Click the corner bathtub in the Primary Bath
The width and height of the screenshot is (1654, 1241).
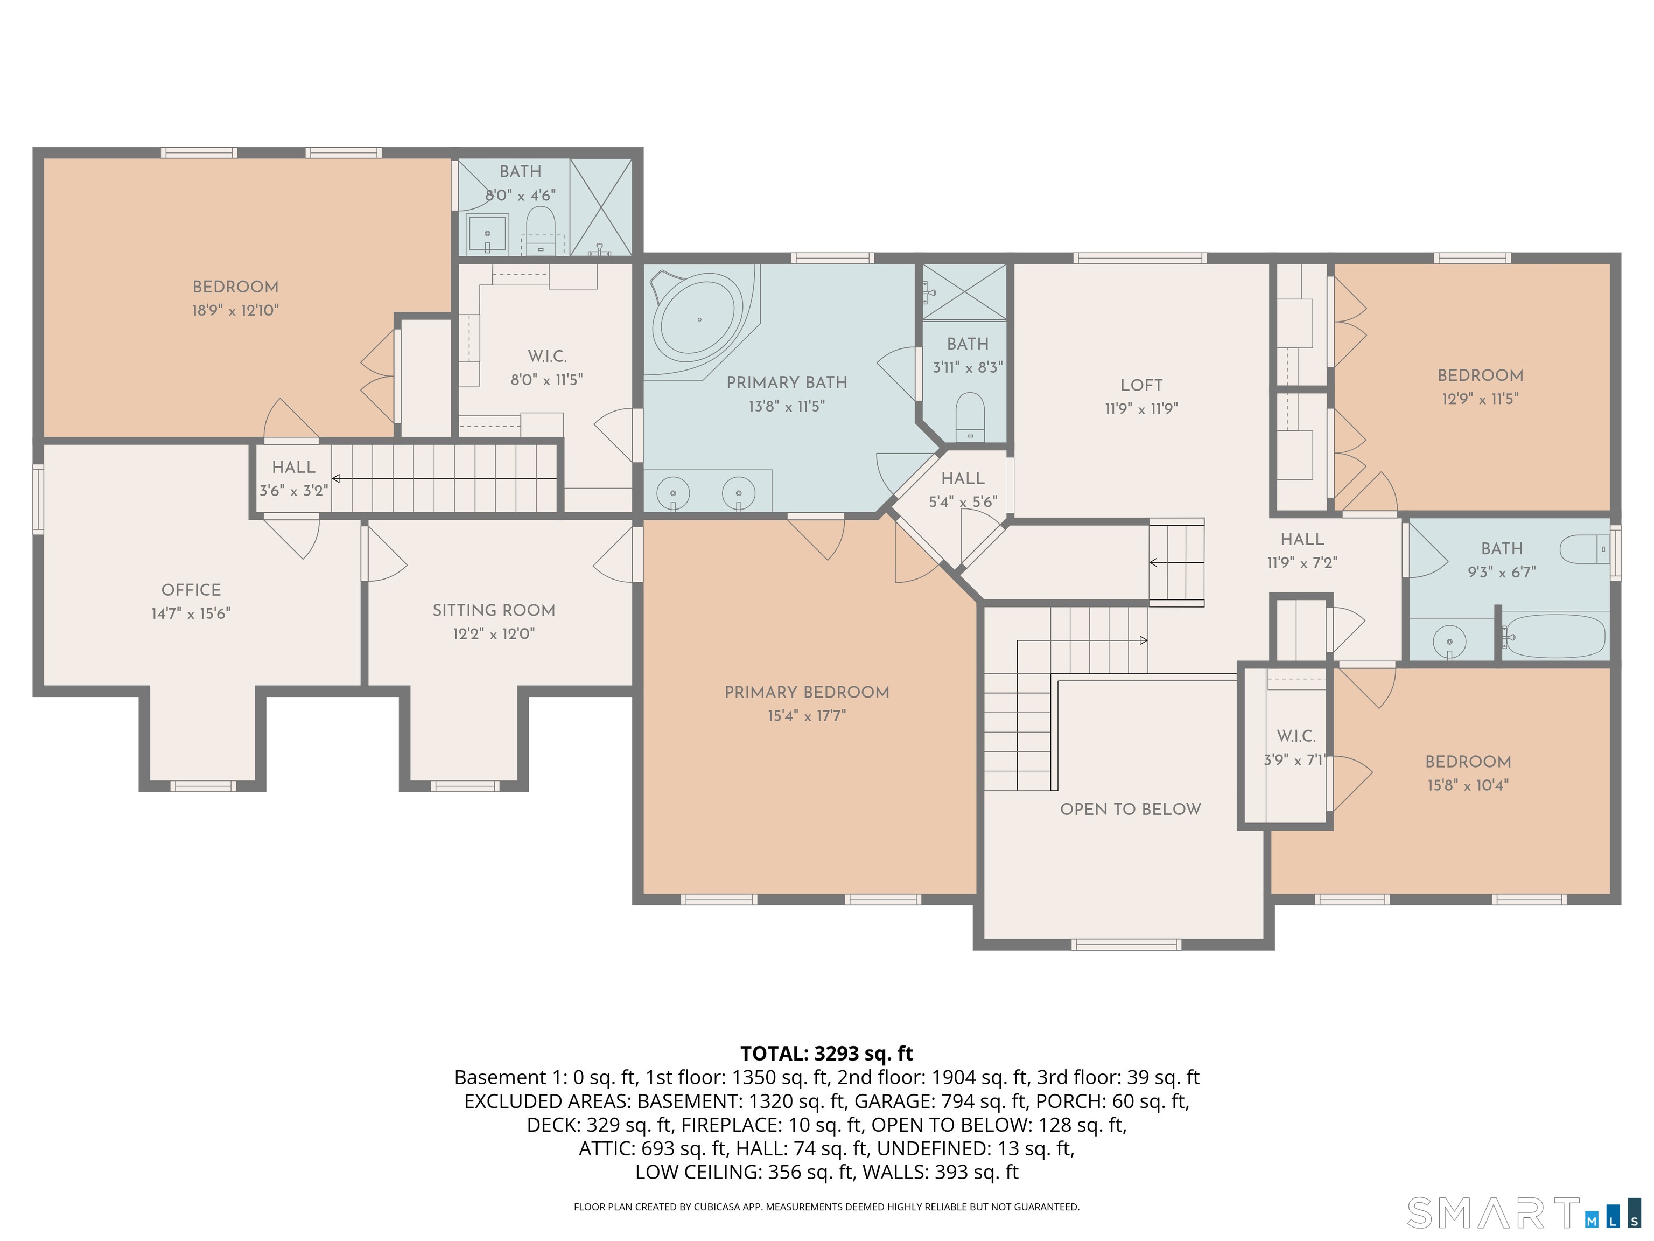tap(699, 320)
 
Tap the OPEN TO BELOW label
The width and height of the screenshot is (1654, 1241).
tap(1130, 810)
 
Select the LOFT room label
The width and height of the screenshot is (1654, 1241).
tap(1141, 385)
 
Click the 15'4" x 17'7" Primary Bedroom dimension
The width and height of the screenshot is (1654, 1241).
tap(806, 716)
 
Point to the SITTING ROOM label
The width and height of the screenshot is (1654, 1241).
tap(494, 610)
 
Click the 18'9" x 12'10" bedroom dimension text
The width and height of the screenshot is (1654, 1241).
tap(235, 310)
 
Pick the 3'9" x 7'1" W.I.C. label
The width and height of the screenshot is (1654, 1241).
tap(1296, 737)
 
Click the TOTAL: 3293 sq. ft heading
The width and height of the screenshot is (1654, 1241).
tap(826, 1054)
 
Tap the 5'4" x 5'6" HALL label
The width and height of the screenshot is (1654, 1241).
tap(962, 479)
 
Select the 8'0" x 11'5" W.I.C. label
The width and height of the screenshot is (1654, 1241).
tap(546, 357)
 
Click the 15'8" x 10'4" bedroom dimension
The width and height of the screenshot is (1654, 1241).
tap(1467, 785)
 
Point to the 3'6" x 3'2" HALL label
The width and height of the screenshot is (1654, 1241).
tap(293, 468)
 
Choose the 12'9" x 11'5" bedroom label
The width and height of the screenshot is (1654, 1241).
tap(1480, 375)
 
